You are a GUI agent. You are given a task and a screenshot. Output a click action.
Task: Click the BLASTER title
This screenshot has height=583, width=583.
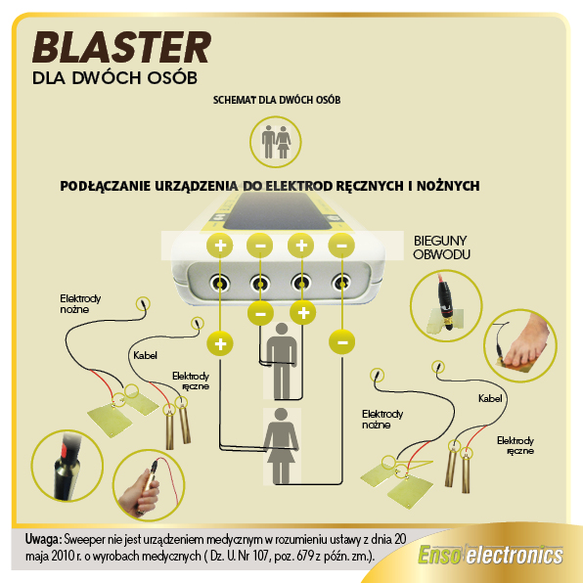pos(122,47)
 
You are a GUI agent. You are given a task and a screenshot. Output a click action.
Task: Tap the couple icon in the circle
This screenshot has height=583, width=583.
pos(276,142)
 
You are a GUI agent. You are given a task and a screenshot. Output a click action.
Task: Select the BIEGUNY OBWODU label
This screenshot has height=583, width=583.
pos(441,247)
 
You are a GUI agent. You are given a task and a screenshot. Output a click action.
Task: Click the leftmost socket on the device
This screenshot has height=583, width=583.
pos(220,284)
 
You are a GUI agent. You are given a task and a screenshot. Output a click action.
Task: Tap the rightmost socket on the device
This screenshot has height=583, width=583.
pos(341,284)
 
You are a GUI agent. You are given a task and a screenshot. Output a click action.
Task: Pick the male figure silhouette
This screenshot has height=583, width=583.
pos(282,361)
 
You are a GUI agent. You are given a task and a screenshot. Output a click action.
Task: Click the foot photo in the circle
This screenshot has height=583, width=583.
pos(520,345)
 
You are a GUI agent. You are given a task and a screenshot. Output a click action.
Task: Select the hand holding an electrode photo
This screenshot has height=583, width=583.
pos(149,484)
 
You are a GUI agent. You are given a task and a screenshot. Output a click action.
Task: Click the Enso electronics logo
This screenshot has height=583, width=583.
pos(490,555)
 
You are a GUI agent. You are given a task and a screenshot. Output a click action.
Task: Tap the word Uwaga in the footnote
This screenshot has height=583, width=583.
pos(43,539)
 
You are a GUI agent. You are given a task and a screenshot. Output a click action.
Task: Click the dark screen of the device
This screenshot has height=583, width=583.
pos(277,211)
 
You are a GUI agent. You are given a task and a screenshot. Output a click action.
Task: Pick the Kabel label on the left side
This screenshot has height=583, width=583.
pos(145,355)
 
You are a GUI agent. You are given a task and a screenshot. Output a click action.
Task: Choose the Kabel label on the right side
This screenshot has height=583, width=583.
pos(490,398)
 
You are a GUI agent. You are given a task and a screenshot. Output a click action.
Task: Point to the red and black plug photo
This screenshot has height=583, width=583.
pos(446,305)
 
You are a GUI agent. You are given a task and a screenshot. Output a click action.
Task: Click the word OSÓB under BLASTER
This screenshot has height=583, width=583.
pos(172,77)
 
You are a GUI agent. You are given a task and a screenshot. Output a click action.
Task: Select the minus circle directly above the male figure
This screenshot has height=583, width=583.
pos(261,313)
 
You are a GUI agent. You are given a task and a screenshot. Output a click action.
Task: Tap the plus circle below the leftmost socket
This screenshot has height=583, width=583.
pos(220,343)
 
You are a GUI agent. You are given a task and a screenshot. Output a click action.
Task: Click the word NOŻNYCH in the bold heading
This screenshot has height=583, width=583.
pos(448,186)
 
